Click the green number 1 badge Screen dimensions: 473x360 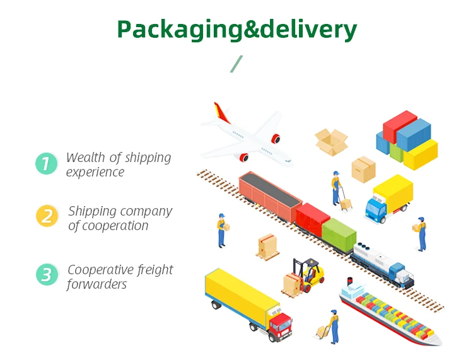point(46,164)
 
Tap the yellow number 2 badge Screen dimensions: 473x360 point(47,216)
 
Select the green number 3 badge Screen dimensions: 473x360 point(47,274)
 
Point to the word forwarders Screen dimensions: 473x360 point(96,284)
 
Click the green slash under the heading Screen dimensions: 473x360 point(237,64)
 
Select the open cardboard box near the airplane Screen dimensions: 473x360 point(331,141)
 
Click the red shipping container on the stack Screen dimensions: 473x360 point(400,126)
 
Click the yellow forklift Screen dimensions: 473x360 point(308,275)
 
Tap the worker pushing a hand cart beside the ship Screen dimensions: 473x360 point(331,325)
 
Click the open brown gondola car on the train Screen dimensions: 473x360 point(271,196)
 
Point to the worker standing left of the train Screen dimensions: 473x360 point(221,229)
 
